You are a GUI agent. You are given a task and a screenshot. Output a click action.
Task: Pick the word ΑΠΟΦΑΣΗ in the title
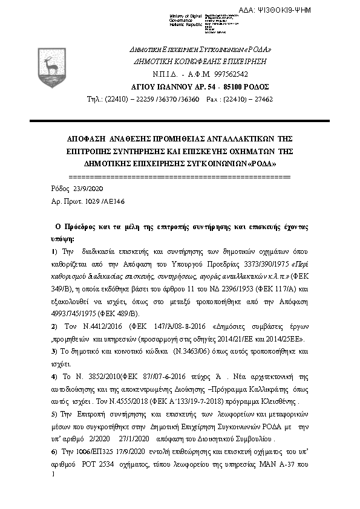(x=87, y=138)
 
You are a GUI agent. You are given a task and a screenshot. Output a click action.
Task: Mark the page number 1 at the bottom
(x=54, y=473)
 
